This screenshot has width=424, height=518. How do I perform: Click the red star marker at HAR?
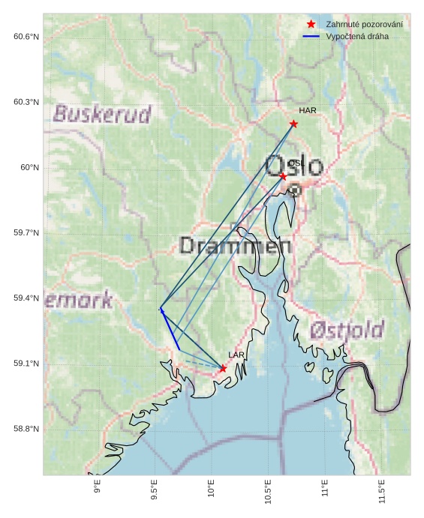[x=293, y=124]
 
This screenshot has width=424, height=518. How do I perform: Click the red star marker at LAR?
[x=223, y=368]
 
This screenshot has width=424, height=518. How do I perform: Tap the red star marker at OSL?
[x=283, y=176]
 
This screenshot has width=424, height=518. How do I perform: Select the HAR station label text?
[x=308, y=111]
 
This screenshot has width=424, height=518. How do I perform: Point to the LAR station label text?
[x=236, y=355]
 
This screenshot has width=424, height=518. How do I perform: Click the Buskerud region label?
[x=102, y=114]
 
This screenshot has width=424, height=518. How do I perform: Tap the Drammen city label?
[x=235, y=245]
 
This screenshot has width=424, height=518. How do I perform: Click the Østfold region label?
[x=347, y=329]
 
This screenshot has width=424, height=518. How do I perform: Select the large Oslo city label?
[x=294, y=166]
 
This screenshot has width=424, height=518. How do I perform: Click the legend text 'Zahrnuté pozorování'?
[x=364, y=25]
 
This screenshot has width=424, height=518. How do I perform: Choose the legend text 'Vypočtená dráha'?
[x=357, y=36]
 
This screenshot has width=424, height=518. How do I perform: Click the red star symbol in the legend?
[x=311, y=25]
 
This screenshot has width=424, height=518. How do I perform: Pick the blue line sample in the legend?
[x=311, y=36]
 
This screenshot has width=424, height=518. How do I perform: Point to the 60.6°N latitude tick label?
[x=26, y=37]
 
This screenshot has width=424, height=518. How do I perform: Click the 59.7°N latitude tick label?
[x=26, y=233]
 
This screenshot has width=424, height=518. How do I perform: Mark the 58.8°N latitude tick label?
[x=26, y=429]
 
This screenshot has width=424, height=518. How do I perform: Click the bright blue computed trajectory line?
[x=170, y=329]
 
